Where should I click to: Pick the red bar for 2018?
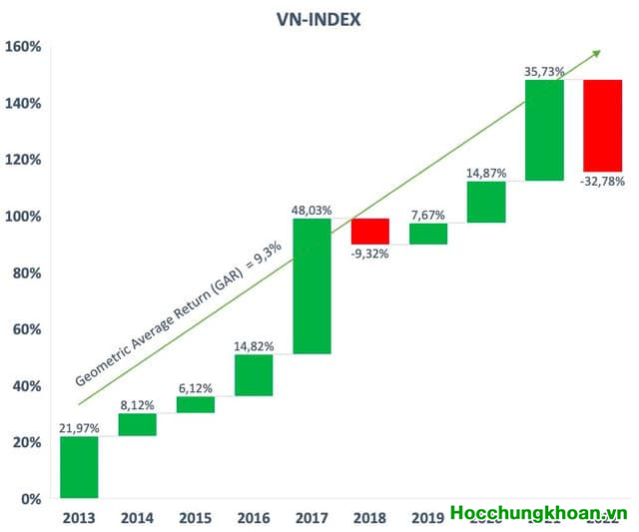click(x=370, y=232)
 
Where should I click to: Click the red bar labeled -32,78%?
click(x=603, y=126)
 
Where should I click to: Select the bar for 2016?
click(x=254, y=375)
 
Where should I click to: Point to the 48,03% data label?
click(x=312, y=210)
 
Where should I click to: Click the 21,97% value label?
click(x=79, y=428)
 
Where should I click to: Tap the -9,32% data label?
click(x=370, y=254)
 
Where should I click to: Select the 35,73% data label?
click(x=544, y=72)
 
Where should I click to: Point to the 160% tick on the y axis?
click(x=23, y=47)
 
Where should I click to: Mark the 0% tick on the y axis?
click(x=30, y=499)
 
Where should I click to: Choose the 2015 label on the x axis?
click(x=196, y=517)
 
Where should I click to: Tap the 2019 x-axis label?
click(x=428, y=517)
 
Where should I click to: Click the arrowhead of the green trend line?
click(x=598, y=52)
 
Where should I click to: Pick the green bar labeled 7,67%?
click(x=428, y=234)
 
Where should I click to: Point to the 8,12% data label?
click(x=138, y=405)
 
